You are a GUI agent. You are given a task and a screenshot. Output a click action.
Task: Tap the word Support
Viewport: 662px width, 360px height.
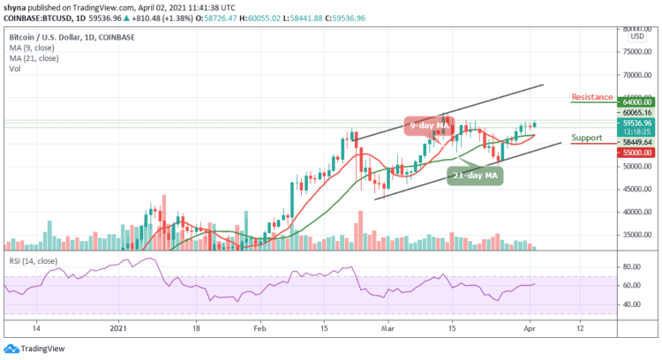pyautogui.click(x=586, y=138)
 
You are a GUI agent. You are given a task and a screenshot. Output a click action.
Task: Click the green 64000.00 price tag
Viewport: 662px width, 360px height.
pyautogui.click(x=635, y=101)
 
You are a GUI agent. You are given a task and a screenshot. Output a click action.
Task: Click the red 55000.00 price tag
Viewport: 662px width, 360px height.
pyautogui.click(x=635, y=153)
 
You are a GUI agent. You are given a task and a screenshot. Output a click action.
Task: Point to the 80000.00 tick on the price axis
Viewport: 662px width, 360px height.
pyautogui.click(x=635, y=30)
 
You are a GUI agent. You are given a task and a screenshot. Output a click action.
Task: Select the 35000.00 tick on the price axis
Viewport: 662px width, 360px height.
pyautogui.click(x=635, y=236)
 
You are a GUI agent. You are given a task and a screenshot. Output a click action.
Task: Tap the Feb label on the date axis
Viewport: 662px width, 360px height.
pyautogui.click(x=260, y=326)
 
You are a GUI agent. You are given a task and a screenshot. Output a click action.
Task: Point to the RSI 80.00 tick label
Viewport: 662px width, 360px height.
pyautogui.click(x=630, y=266)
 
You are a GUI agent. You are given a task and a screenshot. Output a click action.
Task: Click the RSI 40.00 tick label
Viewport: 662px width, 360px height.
pyautogui.click(x=630, y=305)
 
